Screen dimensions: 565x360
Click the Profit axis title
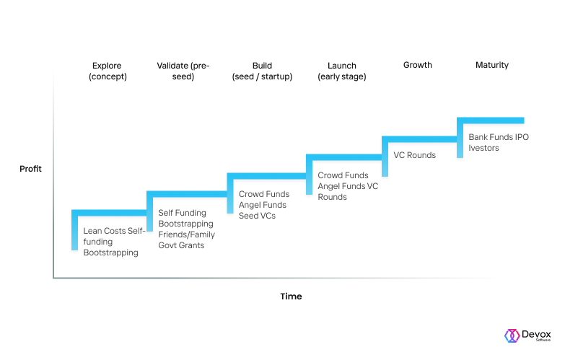(x=30, y=169)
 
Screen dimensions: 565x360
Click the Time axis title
(x=291, y=297)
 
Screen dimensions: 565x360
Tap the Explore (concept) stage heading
(x=108, y=71)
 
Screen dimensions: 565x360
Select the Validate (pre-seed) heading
(x=183, y=71)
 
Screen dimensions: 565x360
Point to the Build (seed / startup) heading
(x=263, y=71)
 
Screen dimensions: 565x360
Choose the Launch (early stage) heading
(x=342, y=71)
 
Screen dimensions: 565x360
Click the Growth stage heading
(x=418, y=65)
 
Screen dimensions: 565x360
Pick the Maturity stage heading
(x=492, y=65)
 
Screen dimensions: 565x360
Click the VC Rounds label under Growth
(x=415, y=155)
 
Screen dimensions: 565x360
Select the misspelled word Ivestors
(x=483, y=148)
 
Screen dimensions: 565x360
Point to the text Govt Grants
(x=181, y=245)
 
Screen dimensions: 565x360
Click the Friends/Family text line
(x=187, y=234)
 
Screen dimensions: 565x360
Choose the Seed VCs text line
(x=258, y=216)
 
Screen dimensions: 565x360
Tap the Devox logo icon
(x=512, y=335)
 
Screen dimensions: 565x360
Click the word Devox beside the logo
(x=536, y=334)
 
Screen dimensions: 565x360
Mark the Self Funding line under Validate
(x=183, y=213)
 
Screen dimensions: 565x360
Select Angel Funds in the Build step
(x=263, y=205)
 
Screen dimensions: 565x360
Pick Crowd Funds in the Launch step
(x=343, y=175)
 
